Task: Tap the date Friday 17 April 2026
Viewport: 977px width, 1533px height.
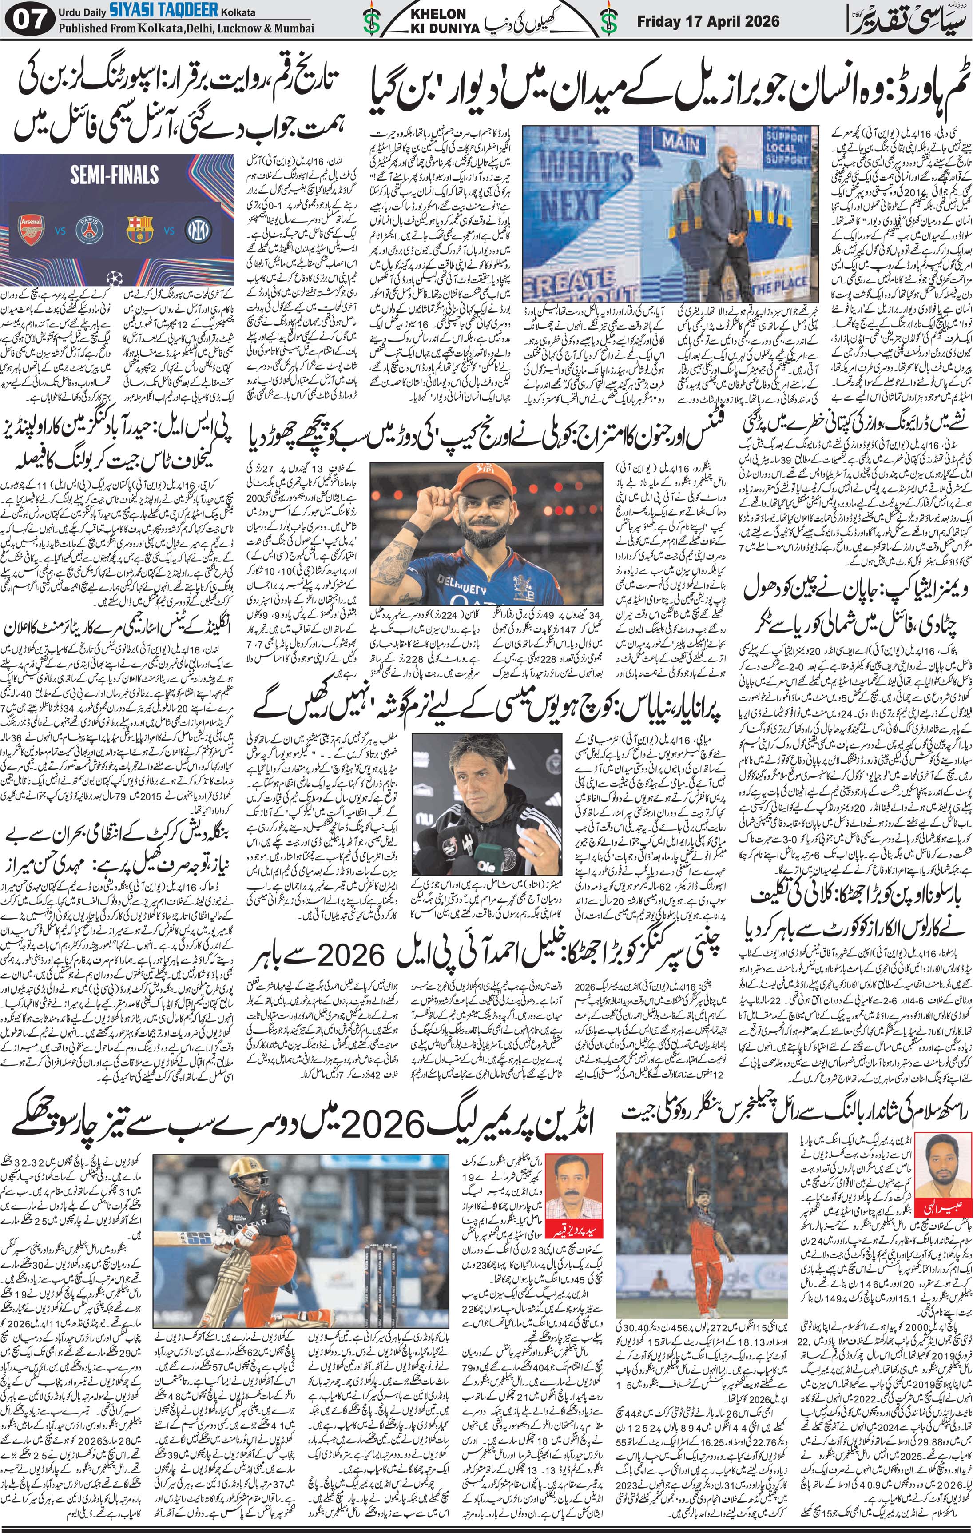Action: click(708, 21)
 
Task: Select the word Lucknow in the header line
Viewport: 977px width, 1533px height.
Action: click(230, 28)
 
